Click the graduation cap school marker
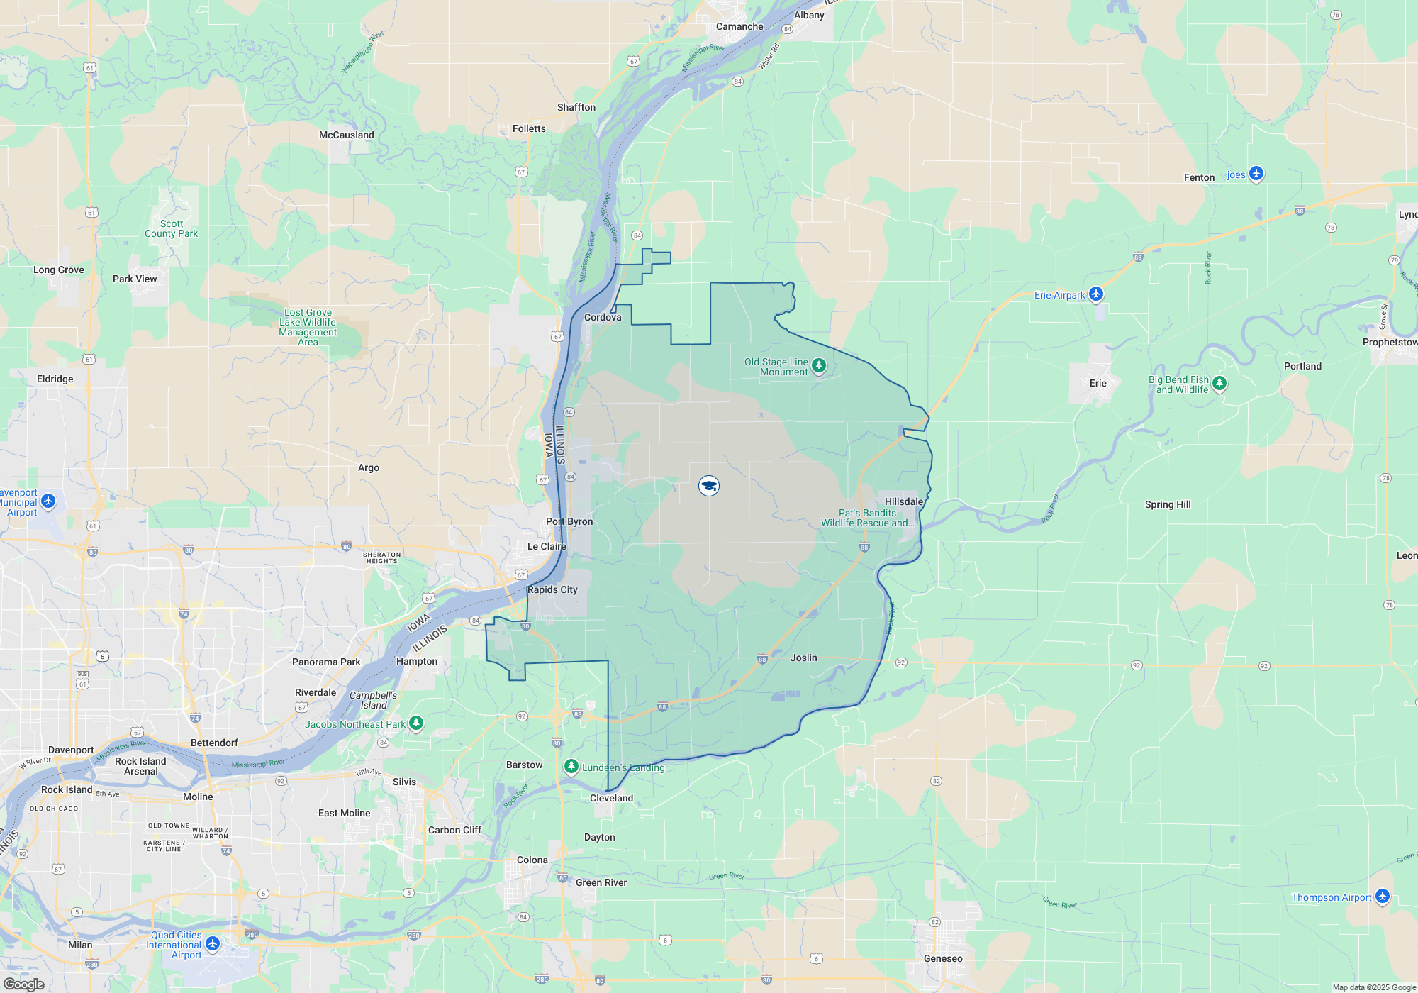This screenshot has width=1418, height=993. point(709,486)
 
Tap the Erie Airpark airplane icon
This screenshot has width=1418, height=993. point(1096,294)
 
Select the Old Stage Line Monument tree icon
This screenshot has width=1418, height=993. point(819,365)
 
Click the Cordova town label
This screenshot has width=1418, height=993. point(603,317)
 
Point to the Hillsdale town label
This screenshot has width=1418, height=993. point(904,501)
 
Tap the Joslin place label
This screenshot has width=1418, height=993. point(804,658)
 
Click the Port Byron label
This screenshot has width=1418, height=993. point(569,521)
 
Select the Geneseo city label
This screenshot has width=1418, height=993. point(943,958)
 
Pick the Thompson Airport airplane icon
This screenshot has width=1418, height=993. point(1383,896)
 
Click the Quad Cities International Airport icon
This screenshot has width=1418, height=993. point(213,944)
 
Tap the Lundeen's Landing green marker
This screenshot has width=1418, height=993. point(571,767)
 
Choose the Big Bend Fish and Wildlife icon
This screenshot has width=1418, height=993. point(1219,383)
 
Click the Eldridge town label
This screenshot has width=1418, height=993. point(55,379)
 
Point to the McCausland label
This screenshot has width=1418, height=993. point(347,135)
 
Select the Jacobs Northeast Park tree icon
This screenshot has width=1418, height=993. point(416,723)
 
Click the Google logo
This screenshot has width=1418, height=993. point(24,984)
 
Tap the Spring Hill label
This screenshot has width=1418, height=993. point(1168,504)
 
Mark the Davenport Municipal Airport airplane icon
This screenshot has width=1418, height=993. point(48,501)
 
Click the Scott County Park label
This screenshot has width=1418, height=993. point(172,228)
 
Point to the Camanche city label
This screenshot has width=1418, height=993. point(739,26)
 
